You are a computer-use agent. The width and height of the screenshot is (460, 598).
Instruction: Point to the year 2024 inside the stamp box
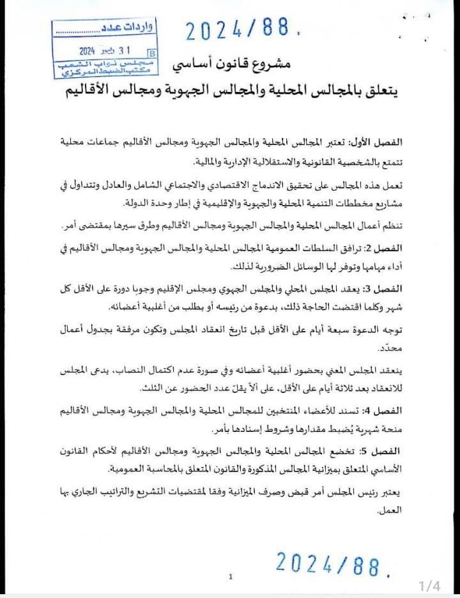pyautogui.click(x=87, y=50)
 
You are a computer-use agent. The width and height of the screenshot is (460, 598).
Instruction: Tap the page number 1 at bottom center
pyautogui.click(x=231, y=576)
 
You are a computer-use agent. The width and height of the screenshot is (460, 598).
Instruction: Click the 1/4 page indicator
pyautogui.click(x=429, y=585)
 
